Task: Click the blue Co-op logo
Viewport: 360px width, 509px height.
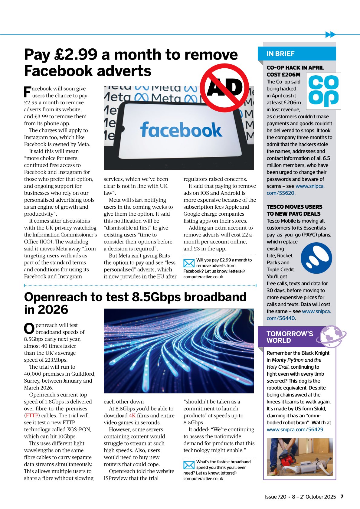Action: point(323,91)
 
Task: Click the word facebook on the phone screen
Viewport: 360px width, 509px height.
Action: point(181,130)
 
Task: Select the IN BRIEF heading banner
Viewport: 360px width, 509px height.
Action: point(296,54)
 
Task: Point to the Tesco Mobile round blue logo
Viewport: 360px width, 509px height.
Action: point(316,258)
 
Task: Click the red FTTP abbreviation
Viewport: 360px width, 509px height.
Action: point(32,416)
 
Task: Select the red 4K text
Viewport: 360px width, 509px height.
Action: point(132,416)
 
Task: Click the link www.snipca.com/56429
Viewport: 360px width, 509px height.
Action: point(295,429)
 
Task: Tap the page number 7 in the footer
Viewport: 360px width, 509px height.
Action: point(342,497)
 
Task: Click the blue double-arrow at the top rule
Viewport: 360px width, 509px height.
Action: point(330,34)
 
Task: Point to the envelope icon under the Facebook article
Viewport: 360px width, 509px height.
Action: point(189,263)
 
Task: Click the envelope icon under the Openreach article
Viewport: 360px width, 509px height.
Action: point(189,465)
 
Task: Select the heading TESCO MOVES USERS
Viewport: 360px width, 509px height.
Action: point(294,207)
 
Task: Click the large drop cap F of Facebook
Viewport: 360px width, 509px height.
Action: point(27,92)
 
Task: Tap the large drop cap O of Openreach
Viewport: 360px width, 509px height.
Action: point(29,329)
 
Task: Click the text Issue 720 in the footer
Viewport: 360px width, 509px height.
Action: point(275,497)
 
